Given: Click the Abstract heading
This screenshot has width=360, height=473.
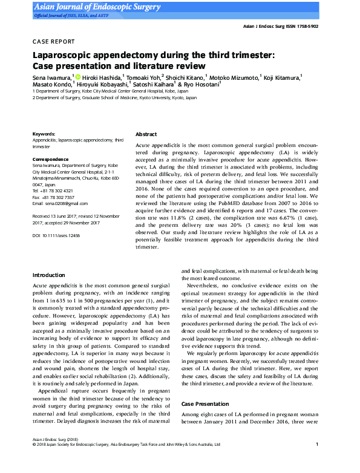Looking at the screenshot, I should [146, 134].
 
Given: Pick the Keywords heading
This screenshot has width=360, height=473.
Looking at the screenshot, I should [44, 134].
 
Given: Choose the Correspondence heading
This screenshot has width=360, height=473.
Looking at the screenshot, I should [50, 159].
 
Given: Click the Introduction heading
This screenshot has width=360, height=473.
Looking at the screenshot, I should [48, 275].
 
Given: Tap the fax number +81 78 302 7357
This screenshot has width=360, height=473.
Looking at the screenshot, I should [59, 197].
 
